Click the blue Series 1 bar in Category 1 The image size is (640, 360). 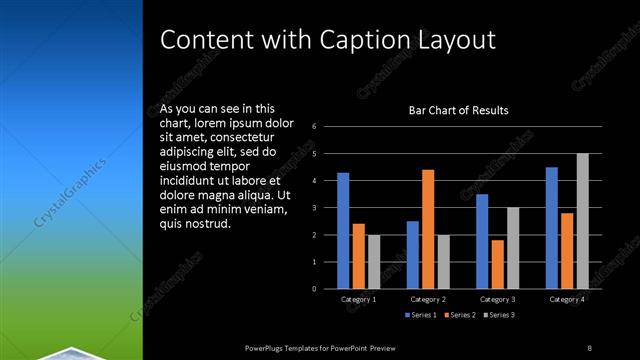(343, 231)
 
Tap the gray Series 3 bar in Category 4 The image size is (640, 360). (583, 221)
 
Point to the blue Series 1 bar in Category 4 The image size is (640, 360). (552, 228)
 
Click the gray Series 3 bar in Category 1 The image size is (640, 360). (374, 262)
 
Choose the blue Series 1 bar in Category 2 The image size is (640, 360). (413, 255)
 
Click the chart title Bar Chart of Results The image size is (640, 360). (459, 110)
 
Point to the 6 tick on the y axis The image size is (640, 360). (314, 127)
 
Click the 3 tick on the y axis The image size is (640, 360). (314, 208)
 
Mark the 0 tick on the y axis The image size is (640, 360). (314, 289)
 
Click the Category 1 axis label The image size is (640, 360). (358, 300)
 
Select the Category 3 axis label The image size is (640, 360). (497, 300)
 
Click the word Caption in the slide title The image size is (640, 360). (365, 41)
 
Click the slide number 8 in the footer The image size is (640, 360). (589, 347)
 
